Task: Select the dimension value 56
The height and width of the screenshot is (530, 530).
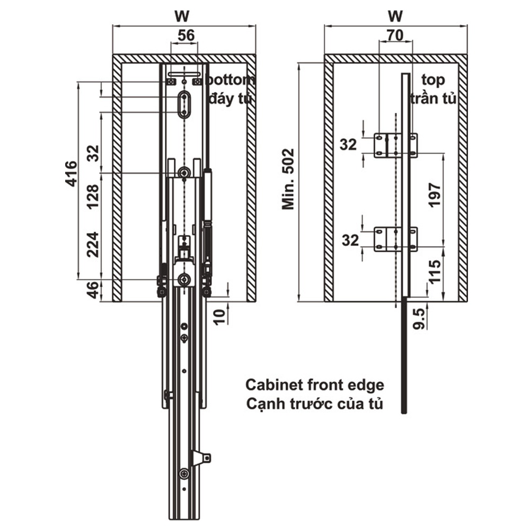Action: coord(184,36)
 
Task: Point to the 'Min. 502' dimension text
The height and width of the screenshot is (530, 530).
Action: coord(288,179)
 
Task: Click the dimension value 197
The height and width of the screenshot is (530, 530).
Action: coord(435,195)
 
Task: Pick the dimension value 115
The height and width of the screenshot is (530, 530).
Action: coord(435,271)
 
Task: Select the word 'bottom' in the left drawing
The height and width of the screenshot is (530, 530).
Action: coord(232,81)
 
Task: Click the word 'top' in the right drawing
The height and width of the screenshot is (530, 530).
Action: coord(433,81)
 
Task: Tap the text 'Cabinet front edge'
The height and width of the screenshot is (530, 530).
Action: coord(315,384)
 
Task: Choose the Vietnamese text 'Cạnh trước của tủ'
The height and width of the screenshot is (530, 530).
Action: coord(315,404)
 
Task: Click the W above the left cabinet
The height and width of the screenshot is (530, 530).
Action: coord(183,14)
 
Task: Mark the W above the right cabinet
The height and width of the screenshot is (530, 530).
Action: coord(395,14)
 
